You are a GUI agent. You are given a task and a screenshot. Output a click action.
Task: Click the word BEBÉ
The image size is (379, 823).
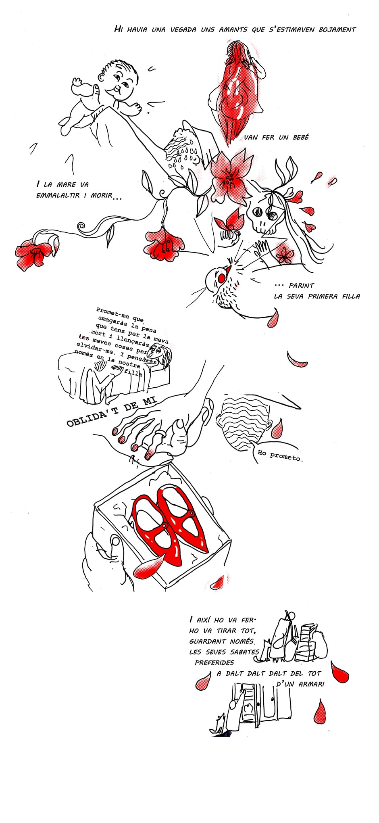point(300,137)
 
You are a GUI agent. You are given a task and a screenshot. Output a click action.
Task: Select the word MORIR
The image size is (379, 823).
point(100,196)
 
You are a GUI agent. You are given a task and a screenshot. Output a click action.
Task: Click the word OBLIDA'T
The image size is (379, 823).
point(88,418)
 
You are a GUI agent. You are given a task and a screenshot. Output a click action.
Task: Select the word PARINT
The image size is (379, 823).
point(301,285)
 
